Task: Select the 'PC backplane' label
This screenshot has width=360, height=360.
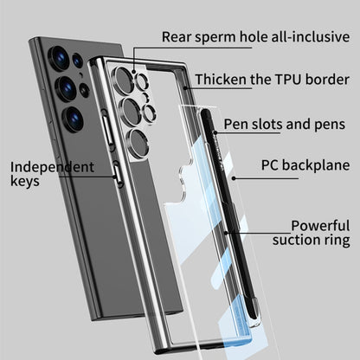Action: pos(305,165)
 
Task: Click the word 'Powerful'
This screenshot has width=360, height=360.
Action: pos(320,226)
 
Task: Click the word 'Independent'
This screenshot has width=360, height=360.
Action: pos(52,167)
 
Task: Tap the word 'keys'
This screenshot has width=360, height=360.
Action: pos(25,182)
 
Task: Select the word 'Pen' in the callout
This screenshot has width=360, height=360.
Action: pos(235,125)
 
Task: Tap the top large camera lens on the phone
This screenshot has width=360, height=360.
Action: pos(59,58)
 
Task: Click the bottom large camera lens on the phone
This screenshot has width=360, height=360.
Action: pos(73,119)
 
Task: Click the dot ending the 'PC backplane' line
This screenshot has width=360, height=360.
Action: pos(234,178)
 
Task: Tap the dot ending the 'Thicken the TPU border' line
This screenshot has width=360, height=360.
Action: pos(184,87)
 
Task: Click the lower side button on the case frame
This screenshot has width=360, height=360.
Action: pos(118,174)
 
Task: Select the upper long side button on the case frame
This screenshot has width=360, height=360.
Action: pos(107,129)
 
